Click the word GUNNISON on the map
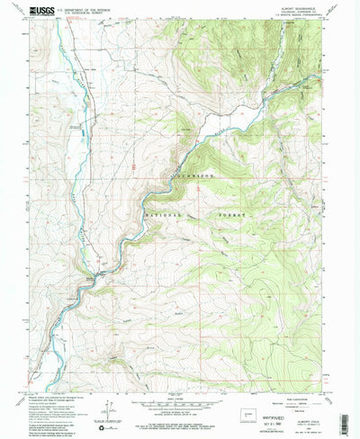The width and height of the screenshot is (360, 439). pyautogui.click(x=190, y=180)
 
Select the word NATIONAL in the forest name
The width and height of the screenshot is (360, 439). pyautogui.click(x=165, y=217)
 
